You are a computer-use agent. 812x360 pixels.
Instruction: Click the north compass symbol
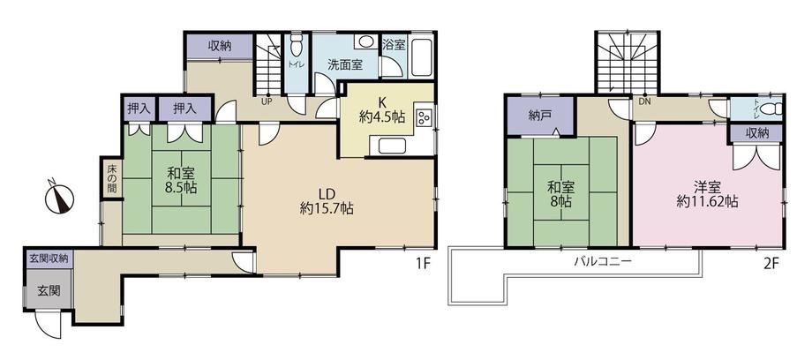(x=59, y=198)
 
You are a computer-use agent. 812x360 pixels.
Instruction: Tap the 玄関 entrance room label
(x=49, y=290)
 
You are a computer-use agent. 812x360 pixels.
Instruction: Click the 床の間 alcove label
(x=112, y=179)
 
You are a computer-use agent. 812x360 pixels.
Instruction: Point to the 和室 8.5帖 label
(x=181, y=180)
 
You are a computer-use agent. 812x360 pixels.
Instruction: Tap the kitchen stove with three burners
(x=425, y=117)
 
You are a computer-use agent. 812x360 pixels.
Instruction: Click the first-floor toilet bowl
(x=297, y=46)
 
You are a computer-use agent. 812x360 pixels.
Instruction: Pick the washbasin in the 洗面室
(x=367, y=41)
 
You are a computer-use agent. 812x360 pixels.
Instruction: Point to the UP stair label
(x=267, y=101)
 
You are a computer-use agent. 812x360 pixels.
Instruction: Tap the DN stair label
(x=644, y=101)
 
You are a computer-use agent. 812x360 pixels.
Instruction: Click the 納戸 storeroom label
(x=539, y=116)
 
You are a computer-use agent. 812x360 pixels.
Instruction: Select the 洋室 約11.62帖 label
(x=707, y=194)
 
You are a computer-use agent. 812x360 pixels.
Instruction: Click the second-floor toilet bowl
(x=772, y=109)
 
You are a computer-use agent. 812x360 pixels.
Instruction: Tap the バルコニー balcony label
(x=602, y=261)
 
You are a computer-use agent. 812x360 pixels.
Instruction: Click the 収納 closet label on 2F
(x=757, y=133)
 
